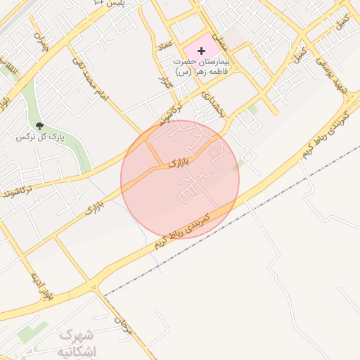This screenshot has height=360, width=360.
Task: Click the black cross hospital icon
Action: pos(202,51)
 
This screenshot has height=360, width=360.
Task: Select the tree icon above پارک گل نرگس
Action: pos(39,125)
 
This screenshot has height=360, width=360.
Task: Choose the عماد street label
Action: pos(165,46)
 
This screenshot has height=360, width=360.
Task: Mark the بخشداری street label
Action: pos(211,103)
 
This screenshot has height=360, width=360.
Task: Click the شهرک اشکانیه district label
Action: pos(78,342)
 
